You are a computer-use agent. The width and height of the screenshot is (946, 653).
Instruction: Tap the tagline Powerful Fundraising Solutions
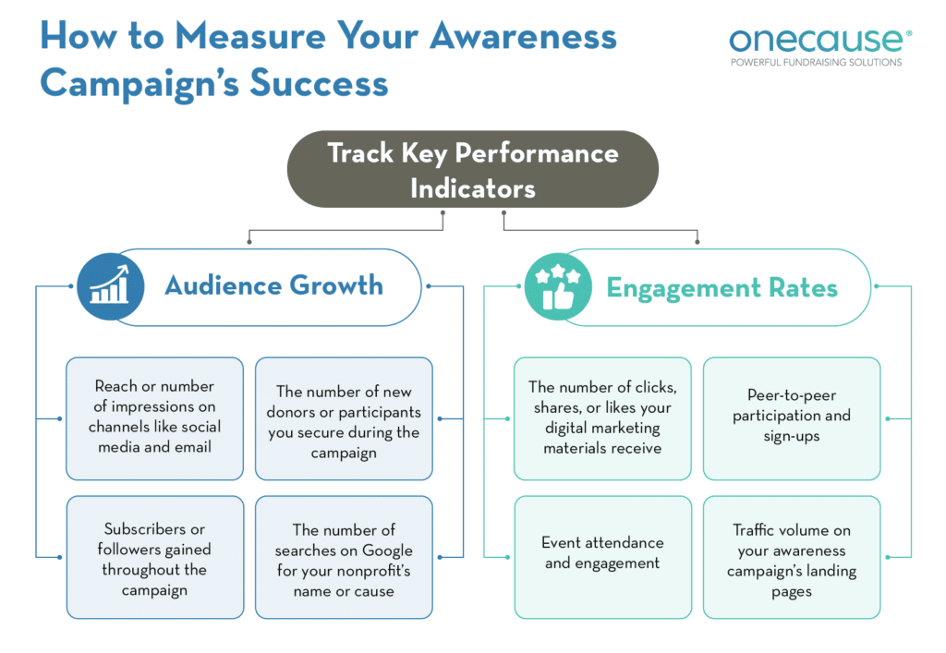pos(816,62)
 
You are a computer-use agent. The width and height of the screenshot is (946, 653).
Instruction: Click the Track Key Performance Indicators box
pos(472,170)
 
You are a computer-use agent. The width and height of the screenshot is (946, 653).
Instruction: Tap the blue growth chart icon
pos(110,286)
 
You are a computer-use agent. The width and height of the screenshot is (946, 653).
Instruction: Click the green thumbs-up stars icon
pos(558,286)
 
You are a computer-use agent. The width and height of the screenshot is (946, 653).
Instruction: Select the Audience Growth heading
pos(273,285)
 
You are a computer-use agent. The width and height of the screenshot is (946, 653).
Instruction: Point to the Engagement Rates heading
pos(722,287)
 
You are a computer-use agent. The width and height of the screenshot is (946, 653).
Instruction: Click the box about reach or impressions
pos(154,417)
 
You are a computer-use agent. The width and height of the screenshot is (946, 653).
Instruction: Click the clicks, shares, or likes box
pos(602,417)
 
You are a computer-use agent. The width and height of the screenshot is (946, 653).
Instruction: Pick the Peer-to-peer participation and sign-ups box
pos(792,417)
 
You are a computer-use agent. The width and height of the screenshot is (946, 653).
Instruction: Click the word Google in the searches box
pos(387,550)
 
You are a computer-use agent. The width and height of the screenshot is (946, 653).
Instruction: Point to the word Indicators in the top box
pos(472,188)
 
